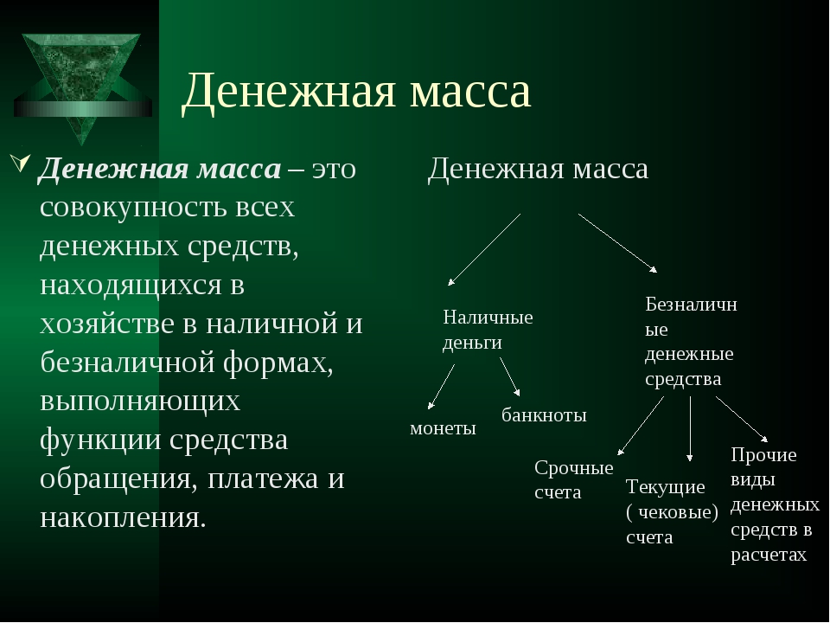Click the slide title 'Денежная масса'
pos(355,91)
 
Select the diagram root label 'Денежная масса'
pos(538,170)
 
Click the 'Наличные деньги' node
pos(488,330)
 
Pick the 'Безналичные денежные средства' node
pos(691,342)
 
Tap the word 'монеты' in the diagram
pos(443,428)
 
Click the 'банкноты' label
pos(544,414)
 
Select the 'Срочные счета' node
pos(574,480)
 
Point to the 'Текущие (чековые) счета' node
pos(672,511)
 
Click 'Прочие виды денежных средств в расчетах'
pos(775,504)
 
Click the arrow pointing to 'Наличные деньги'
pos(484,249)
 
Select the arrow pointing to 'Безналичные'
pos(617,243)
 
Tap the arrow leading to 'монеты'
pos(442,387)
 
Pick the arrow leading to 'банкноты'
pos(510,376)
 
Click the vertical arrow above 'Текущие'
pos(690,428)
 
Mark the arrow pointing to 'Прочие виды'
pos(742,419)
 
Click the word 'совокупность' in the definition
pos(133,207)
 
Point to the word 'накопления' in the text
pos(123,517)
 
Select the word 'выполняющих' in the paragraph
pos(140,401)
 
